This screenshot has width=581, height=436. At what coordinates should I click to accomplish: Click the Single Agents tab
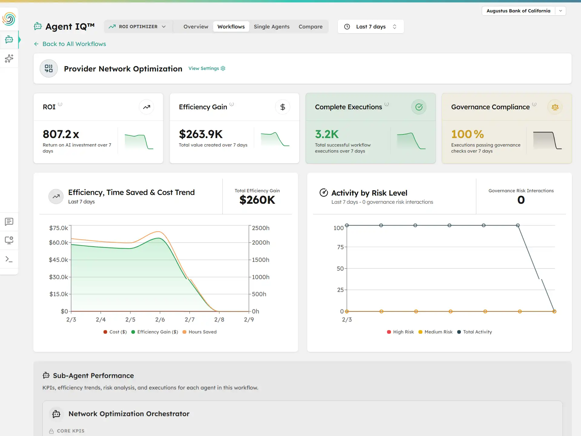point(271,27)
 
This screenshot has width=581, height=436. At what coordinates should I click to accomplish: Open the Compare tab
point(310,27)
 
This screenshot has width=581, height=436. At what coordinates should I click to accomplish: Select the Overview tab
point(196,27)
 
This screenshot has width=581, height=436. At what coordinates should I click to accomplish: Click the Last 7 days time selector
point(370,27)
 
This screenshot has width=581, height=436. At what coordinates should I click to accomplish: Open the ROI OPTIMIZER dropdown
point(138,27)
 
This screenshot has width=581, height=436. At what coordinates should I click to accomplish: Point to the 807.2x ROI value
point(61,134)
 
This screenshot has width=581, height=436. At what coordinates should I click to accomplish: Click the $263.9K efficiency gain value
point(201,134)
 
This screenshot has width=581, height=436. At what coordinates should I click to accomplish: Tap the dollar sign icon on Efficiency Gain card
point(283,107)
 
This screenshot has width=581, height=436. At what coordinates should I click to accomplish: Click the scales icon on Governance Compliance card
point(555,107)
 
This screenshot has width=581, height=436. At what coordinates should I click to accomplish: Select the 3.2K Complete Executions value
point(327,134)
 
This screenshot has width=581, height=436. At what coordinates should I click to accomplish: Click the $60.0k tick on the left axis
point(58,243)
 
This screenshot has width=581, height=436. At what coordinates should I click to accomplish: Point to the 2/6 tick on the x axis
point(160,319)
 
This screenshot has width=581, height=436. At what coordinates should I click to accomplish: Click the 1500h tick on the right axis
point(261,260)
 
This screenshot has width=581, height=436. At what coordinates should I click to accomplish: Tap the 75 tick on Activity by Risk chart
point(340,247)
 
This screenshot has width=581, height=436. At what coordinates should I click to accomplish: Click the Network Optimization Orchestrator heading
point(129,414)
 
